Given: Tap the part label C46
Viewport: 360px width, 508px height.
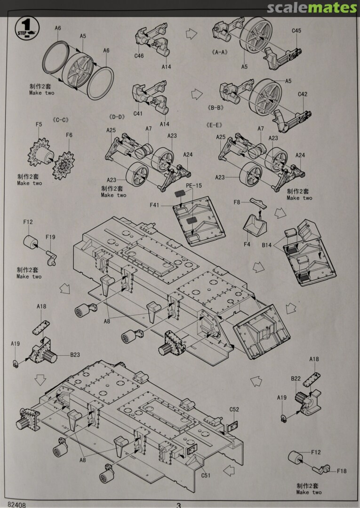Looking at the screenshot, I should coord(139,56).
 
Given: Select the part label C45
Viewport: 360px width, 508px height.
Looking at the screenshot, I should coord(296,31).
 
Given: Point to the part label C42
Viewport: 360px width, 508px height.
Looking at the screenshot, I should coord(303,94).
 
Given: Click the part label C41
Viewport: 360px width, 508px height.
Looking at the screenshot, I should coord(138,114).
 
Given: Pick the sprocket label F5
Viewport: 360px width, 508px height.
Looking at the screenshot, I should coord(39,125).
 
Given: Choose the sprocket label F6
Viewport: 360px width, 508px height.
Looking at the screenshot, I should coord(69,135).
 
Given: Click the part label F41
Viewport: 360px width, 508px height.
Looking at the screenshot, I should coord(155,205).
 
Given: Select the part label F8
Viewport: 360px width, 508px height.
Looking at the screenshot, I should coord(237,202).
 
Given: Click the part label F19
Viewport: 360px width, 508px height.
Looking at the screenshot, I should coord(28,222).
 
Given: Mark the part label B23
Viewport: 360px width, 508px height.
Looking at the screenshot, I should coord(76,355).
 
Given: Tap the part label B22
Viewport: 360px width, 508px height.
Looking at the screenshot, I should coord(296,378).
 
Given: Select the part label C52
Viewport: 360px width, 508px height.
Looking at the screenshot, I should coord(234,410).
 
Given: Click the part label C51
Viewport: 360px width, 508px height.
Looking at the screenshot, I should coord(206,475).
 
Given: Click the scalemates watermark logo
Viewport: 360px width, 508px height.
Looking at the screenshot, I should coord(312,8).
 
